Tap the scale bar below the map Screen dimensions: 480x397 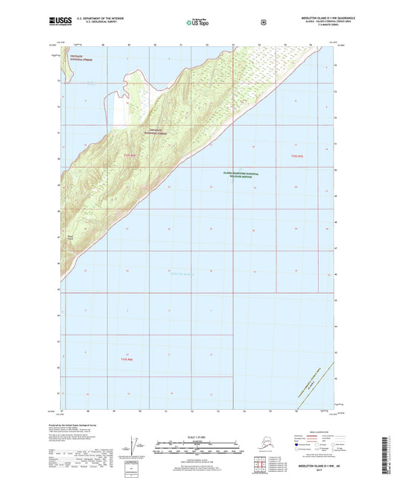click(x=197, y=449)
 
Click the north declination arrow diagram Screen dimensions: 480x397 click(x=134, y=448)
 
